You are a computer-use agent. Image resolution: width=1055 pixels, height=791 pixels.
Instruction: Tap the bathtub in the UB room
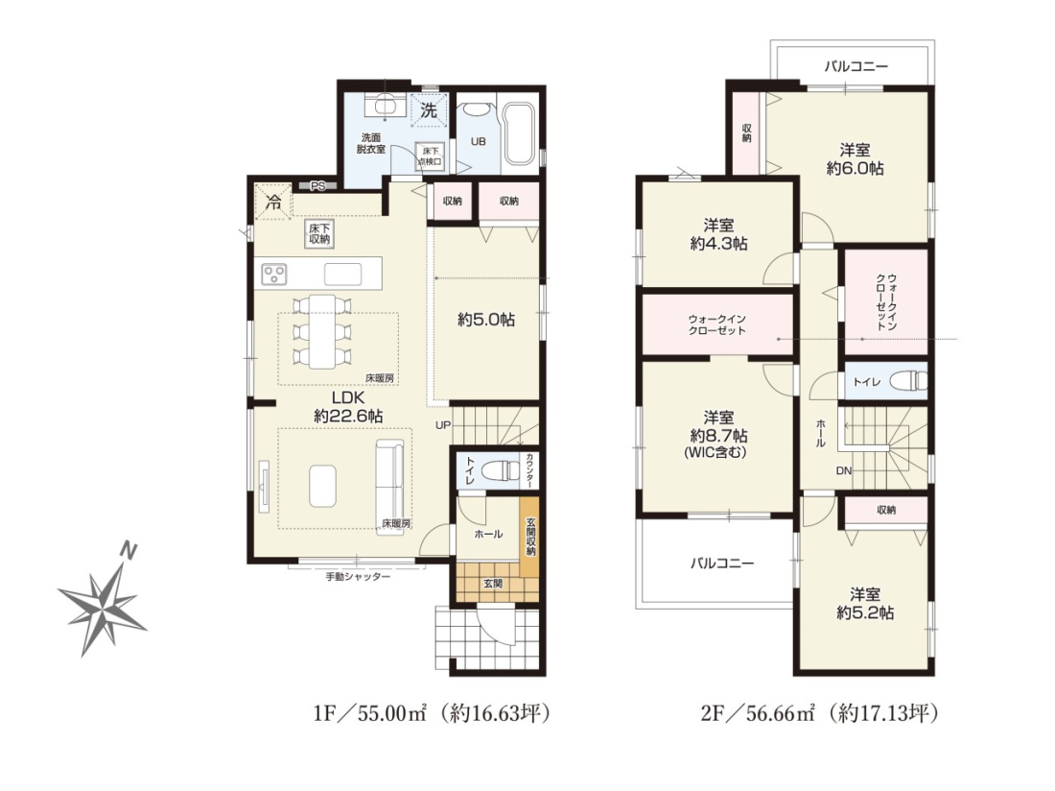click(519, 134)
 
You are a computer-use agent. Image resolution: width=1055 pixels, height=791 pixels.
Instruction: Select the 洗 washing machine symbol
click(429, 109)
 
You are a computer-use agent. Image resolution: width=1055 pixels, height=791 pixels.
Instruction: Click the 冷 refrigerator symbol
click(274, 201)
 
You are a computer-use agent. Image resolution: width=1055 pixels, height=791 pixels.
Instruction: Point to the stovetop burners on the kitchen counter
click(275, 274)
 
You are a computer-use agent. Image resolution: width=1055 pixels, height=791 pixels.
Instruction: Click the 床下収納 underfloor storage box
click(319, 233)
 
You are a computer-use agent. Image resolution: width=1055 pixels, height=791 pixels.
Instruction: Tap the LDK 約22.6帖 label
click(348, 407)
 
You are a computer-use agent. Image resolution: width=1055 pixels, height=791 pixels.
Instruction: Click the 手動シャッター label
click(358, 577)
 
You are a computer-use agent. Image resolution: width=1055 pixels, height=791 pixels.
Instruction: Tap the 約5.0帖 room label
click(486, 321)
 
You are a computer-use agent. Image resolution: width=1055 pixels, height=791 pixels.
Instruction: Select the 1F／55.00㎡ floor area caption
click(432, 712)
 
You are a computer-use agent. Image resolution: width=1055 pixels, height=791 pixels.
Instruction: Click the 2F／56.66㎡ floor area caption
click(819, 712)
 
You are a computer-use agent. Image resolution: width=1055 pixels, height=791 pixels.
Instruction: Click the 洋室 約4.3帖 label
click(718, 234)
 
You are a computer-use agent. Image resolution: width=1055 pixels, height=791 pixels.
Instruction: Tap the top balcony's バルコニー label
click(856, 66)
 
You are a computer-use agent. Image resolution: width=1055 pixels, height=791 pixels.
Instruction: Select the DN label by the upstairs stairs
click(844, 470)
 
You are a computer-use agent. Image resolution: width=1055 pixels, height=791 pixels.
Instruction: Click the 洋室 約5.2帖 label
click(865, 603)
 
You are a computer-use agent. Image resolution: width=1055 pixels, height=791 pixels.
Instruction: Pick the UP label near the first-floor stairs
click(443, 425)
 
